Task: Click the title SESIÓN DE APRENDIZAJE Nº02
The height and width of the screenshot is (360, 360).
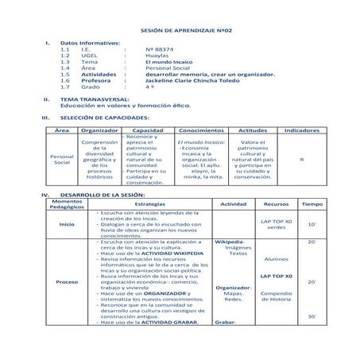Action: (179, 27)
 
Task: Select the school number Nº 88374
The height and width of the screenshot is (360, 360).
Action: (161, 48)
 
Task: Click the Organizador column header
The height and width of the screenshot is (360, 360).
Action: (100, 129)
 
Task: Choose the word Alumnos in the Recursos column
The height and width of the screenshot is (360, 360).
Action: (276, 258)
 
